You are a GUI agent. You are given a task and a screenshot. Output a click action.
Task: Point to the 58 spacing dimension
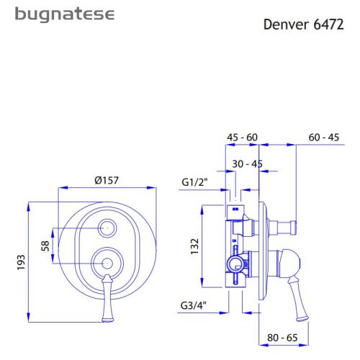coord(46,246)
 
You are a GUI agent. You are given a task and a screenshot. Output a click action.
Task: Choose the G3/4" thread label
coord(194,305)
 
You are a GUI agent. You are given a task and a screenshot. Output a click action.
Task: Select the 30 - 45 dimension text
coord(247,164)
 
